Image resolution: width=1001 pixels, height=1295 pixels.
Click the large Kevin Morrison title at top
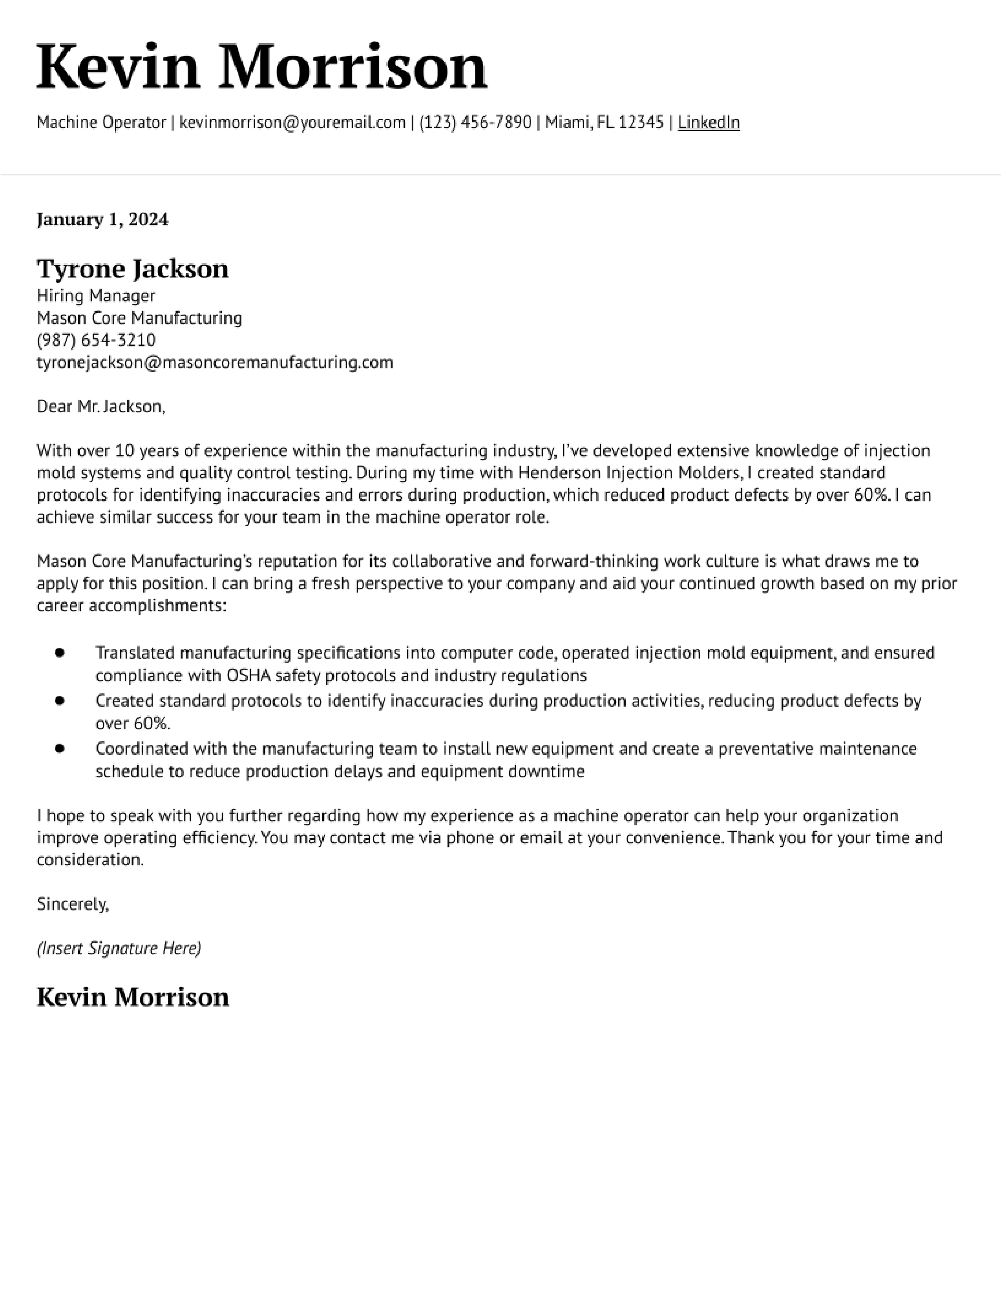pos(261,67)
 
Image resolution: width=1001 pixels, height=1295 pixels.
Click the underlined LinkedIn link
pos(708,123)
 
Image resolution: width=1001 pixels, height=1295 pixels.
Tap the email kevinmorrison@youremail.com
pos(292,123)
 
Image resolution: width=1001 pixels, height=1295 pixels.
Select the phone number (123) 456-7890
pos(475,123)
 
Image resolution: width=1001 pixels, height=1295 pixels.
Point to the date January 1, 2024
pos(102,219)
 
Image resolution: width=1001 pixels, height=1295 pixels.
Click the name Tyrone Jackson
pos(132,268)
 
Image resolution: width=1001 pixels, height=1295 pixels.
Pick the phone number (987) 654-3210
pos(96,340)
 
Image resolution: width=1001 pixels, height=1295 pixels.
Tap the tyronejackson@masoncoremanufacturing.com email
pos(215,362)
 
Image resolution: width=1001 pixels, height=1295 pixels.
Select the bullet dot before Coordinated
pos(59,748)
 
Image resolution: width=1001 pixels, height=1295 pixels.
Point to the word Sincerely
pos(72,904)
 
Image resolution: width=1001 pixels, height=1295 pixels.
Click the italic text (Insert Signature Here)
pos(119,948)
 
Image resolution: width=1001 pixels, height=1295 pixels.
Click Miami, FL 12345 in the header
pos(604,123)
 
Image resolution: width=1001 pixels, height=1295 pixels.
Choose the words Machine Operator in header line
pos(101,123)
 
